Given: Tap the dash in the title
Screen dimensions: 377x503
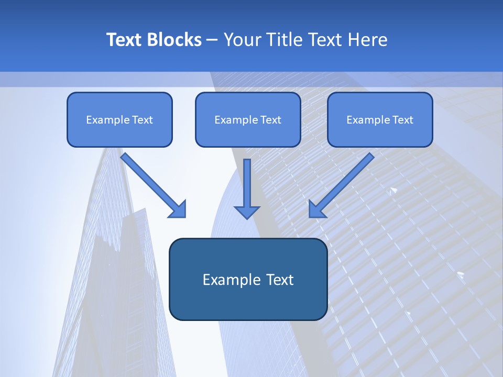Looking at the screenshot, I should click(x=212, y=40).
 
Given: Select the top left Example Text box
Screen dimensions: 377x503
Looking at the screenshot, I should click(x=119, y=119).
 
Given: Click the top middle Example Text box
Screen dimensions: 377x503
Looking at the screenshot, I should click(x=248, y=119).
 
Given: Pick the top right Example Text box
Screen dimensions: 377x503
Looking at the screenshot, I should click(x=380, y=119).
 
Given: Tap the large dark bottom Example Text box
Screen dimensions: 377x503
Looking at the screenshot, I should click(x=248, y=279).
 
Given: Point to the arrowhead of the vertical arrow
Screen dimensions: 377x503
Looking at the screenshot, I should click(x=247, y=212).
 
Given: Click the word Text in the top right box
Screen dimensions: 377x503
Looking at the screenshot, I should click(x=403, y=120).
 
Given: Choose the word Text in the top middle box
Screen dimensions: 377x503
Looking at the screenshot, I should click(x=271, y=120).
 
